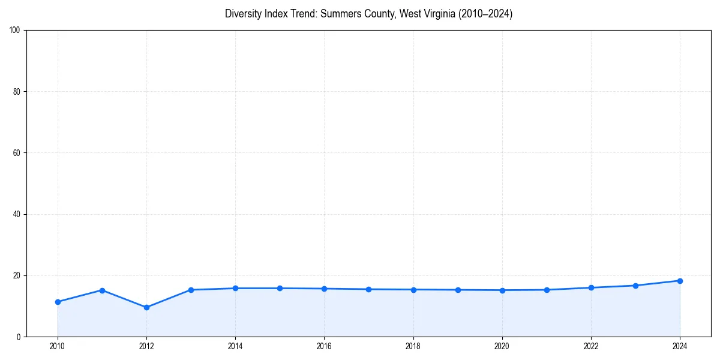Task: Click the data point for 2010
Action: (x=58, y=302)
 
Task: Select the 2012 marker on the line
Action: (x=146, y=307)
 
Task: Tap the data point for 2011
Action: (x=102, y=290)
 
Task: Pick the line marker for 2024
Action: (x=680, y=281)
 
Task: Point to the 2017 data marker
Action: (x=368, y=289)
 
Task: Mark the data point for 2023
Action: (x=635, y=286)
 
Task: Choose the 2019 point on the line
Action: (x=458, y=290)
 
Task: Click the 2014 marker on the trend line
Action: (x=235, y=289)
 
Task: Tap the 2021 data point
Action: (x=547, y=290)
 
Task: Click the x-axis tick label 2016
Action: (x=324, y=346)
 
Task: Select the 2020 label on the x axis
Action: (x=502, y=346)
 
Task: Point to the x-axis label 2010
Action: (x=58, y=346)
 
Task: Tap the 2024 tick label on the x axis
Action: (x=680, y=346)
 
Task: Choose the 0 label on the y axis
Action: (x=19, y=337)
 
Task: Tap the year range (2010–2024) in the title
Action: (x=485, y=14)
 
